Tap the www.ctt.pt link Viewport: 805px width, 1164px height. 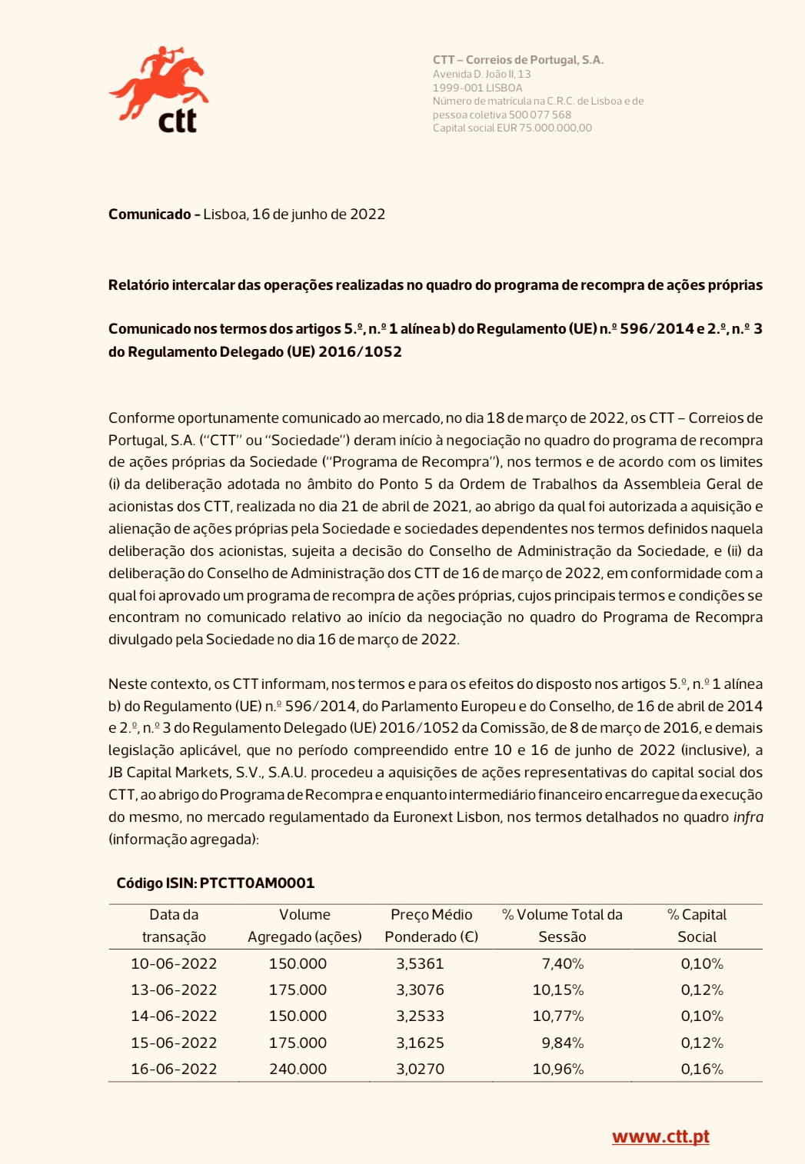tap(660, 1136)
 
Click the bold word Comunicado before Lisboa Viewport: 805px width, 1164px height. tap(150, 215)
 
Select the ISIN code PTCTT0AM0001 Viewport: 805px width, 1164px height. tap(257, 883)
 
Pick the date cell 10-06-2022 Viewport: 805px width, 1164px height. tap(174, 963)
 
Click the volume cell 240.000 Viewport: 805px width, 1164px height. tap(298, 1069)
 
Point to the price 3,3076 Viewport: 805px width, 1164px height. tap(420, 989)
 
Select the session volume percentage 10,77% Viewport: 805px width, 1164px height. tap(558, 1016)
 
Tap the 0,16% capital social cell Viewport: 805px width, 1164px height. tap(702, 1069)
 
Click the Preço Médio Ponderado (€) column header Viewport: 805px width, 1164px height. tap(431, 926)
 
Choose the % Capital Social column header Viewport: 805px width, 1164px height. tap(697, 926)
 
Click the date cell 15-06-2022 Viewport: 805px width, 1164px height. tap(174, 1043)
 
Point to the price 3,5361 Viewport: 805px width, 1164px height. tap(420, 963)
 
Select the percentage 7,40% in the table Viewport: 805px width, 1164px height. tap(563, 963)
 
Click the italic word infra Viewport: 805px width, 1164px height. tap(748, 817)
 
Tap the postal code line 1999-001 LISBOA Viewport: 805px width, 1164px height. tap(477, 88)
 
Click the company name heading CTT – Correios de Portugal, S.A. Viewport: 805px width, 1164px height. tap(518, 60)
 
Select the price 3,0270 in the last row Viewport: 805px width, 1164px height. tap(420, 1069)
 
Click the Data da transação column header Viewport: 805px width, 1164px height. tap(174, 926)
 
